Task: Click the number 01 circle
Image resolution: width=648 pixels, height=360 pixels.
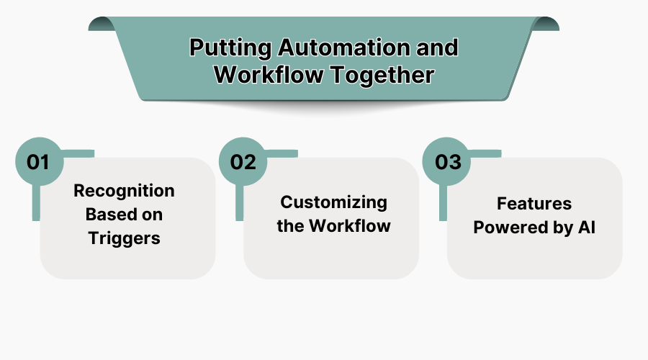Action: [x=37, y=161]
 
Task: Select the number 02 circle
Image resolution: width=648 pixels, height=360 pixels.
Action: [x=243, y=161]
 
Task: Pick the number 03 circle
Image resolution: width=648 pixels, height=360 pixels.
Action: [x=447, y=161]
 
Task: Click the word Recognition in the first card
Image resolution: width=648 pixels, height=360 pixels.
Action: [x=124, y=191]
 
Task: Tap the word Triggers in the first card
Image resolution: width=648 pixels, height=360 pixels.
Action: [x=124, y=238]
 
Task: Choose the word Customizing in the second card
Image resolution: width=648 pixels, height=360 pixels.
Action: [x=333, y=202]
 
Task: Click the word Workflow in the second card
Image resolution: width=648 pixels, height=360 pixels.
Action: [x=349, y=226]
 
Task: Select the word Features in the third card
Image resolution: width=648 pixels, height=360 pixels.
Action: [x=534, y=204]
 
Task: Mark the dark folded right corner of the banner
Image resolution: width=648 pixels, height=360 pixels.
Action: [x=549, y=24]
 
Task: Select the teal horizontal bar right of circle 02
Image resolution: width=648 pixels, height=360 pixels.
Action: [x=280, y=153]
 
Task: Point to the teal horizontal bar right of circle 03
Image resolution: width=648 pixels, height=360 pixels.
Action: [x=484, y=153]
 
